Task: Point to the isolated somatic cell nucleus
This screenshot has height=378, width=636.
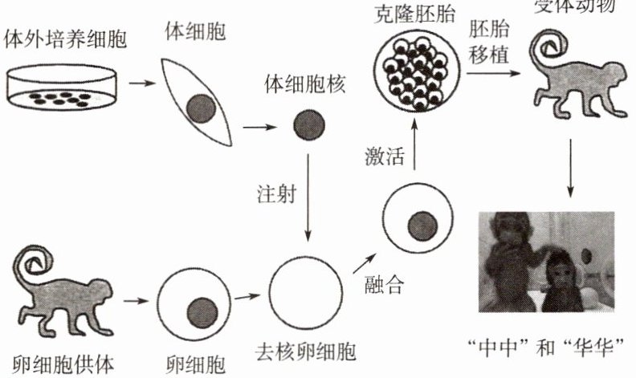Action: [x=308, y=125]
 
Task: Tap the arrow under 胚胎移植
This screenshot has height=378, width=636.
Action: [x=493, y=72]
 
